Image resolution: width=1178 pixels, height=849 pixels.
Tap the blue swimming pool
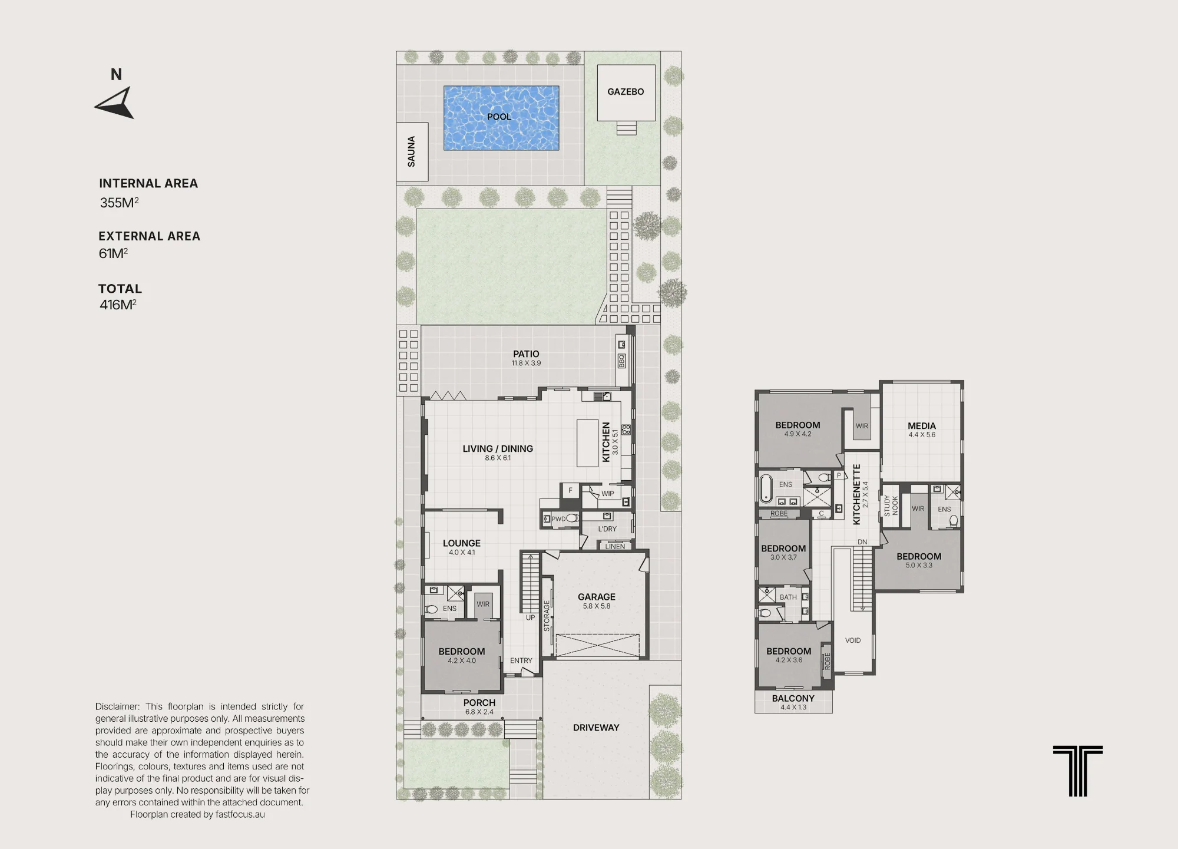pos(501,118)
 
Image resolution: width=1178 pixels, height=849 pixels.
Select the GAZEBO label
pos(626,92)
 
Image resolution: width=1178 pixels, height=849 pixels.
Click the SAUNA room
pos(412,152)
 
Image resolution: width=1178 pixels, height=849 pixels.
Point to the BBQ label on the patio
pos(621,361)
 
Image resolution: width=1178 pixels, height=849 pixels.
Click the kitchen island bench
pos(587,442)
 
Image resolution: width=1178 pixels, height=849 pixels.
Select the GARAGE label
pos(597,597)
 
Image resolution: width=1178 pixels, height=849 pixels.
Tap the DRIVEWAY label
pos(596,728)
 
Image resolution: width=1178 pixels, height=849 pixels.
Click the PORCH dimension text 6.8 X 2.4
pos(479,712)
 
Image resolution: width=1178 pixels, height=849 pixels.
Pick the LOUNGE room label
pos(462,543)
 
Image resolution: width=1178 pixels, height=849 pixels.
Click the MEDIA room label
pos(922,426)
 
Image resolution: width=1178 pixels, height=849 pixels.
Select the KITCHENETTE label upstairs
pos(857,494)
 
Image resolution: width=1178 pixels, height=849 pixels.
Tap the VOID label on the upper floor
pos(853,640)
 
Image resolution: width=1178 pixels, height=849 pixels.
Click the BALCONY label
pos(793,698)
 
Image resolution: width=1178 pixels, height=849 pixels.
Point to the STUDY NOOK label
pos(891,506)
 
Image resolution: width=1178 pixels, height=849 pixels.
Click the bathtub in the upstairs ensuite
pos(766,488)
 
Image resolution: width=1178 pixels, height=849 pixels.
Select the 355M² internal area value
pos(119,203)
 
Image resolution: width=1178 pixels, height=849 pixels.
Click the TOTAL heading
pos(120,289)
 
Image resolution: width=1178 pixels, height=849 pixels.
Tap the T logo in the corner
pos(1078,771)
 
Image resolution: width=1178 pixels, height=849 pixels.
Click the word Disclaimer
pos(117,706)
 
